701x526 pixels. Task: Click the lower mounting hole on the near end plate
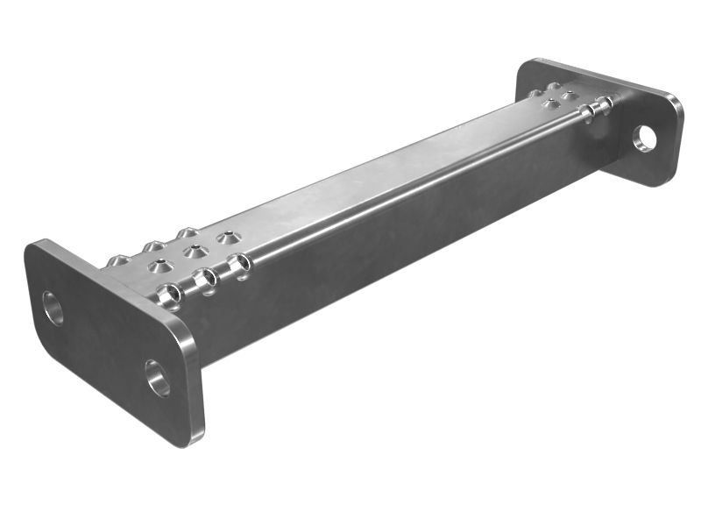click(x=158, y=377)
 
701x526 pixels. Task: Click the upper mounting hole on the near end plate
click(x=53, y=308)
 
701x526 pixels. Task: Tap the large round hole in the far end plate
click(x=645, y=138)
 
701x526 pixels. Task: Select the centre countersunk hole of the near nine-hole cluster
click(x=195, y=252)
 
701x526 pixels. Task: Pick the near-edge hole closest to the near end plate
click(x=169, y=295)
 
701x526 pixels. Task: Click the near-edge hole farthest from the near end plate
click(x=238, y=265)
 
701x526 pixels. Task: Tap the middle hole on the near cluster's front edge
click(x=206, y=280)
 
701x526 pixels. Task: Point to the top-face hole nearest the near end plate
click(x=159, y=266)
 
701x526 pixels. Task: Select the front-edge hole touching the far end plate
click(x=604, y=106)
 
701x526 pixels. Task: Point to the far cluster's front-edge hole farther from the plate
click(x=587, y=113)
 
